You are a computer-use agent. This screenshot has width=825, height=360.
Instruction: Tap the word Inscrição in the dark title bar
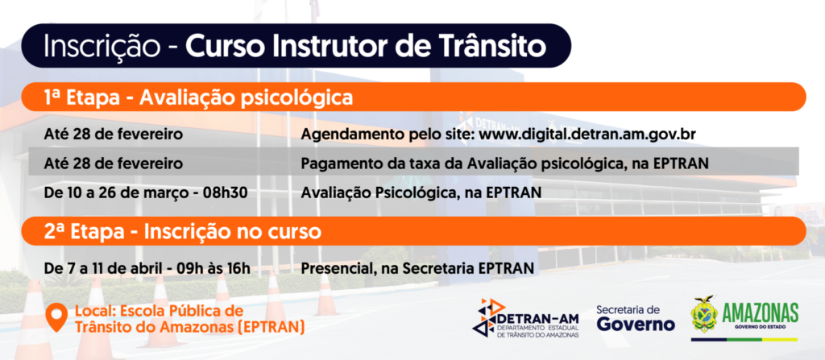[101, 48]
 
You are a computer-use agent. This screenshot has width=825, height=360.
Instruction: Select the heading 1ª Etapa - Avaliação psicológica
[198, 97]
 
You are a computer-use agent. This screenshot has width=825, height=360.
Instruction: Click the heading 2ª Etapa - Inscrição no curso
[183, 232]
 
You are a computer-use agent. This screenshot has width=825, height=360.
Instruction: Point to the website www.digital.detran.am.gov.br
[588, 134]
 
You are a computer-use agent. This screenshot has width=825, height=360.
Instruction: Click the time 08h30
[226, 193]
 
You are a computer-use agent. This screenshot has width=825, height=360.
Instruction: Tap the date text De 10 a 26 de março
[118, 193]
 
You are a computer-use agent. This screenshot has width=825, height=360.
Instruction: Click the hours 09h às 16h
[214, 268]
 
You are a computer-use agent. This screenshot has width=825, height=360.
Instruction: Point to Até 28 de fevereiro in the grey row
[114, 163]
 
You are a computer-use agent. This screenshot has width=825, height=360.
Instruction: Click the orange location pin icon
[56, 317]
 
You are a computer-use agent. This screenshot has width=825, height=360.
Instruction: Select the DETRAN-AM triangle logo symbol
[487, 317]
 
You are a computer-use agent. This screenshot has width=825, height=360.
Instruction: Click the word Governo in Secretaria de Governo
[636, 324]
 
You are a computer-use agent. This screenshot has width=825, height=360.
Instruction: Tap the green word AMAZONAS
[760, 313]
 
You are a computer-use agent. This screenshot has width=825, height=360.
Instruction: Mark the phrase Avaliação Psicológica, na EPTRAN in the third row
[421, 193]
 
